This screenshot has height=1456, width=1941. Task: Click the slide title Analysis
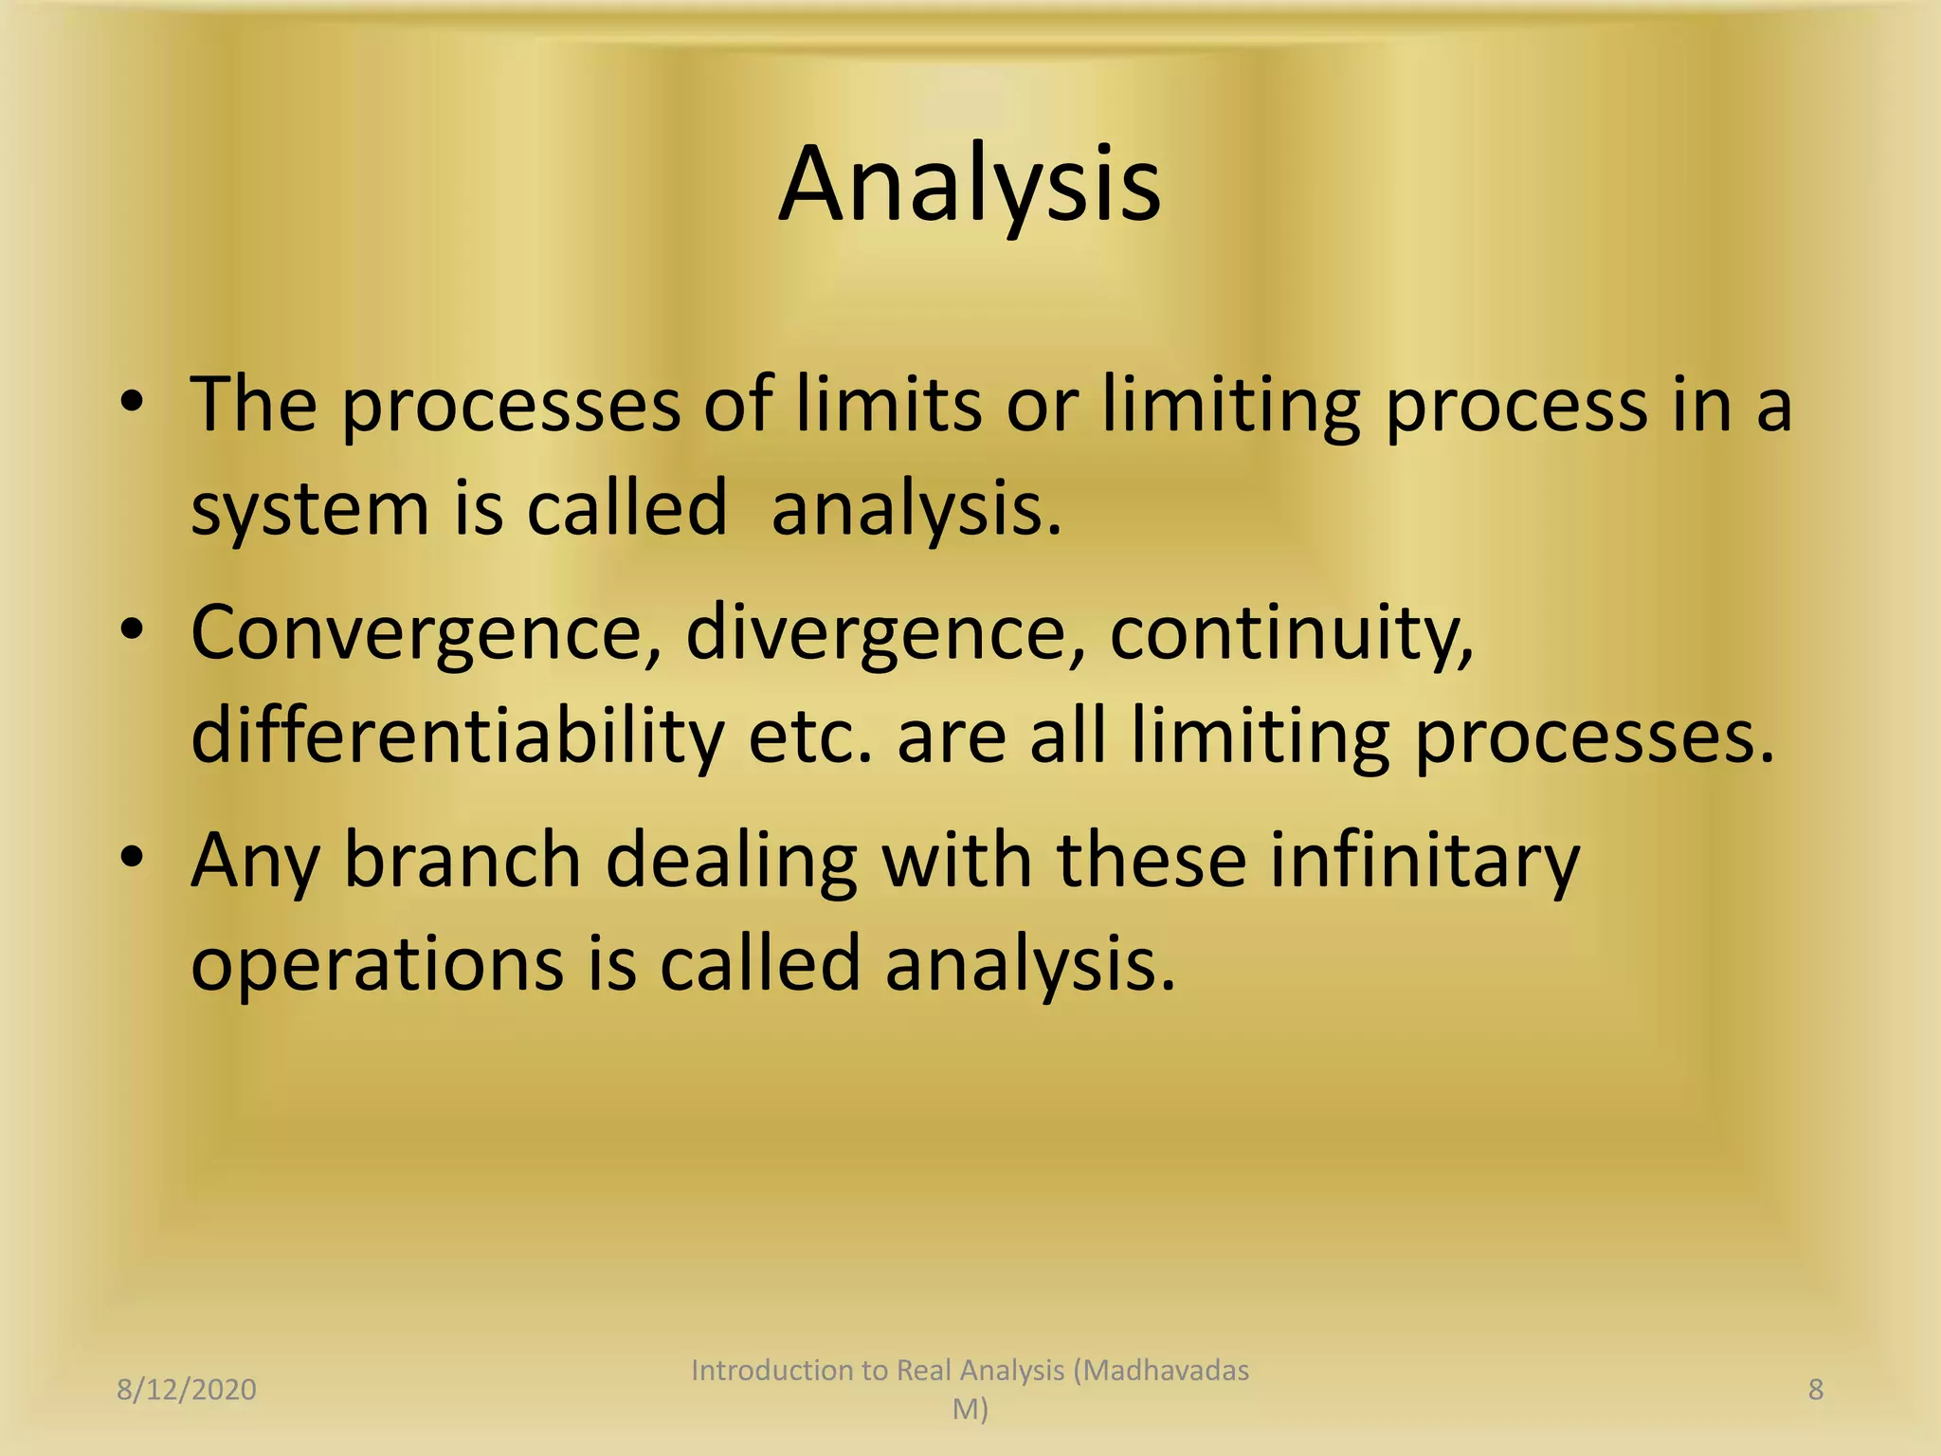tap(970, 186)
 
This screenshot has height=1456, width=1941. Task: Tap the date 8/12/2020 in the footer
tap(187, 1390)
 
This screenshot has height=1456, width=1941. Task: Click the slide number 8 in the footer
tap(1816, 1390)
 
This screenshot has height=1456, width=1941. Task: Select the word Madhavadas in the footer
tap(1168, 1370)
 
